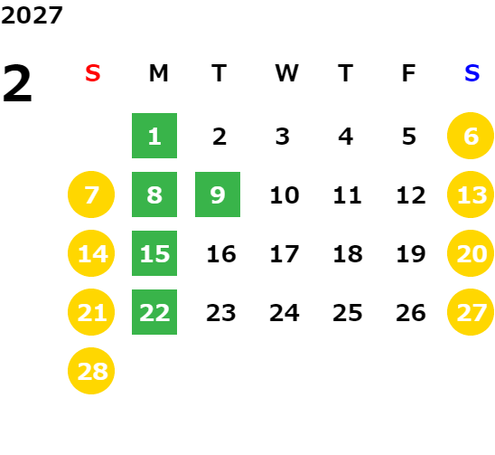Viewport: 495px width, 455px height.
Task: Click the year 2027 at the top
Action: pyautogui.click(x=32, y=15)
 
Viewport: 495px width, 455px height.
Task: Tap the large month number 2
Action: pyautogui.click(x=17, y=83)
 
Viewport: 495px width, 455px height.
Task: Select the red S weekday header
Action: pyautogui.click(x=93, y=73)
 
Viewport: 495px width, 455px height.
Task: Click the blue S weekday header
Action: pyautogui.click(x=472, y=73)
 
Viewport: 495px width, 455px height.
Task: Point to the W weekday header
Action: pyautogui.click(x=286, y=73)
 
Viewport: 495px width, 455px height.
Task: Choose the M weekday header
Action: pyautogui.click(x=158, y=73)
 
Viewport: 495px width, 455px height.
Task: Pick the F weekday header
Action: pyautogui.click(x=409, y=73)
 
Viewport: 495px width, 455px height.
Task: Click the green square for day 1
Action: pyautogui.click(x=154, y=136)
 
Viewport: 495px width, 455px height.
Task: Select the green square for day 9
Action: pyautogui.click(x=218, y=194)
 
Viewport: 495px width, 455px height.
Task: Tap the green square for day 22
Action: pyautogui.click(x=154, y=312)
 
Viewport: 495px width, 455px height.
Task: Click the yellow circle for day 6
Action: pyautogui.click(x=471, y=136)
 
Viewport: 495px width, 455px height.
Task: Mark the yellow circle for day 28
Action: pyautogui.click(x=91, y=371)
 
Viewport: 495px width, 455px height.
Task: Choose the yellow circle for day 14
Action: pyautogui.click(x=91, y=253)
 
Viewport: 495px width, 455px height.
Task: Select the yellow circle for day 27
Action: pyautogui.click(x=471, y=312)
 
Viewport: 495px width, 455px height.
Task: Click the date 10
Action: pyautogui.click(x=285, y=195)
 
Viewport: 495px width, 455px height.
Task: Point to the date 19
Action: pyautogui.click(x=411, y=254)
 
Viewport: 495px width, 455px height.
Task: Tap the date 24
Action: pyautogui.click(x=285, y=313)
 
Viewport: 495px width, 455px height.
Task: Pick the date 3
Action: pyautogui.click(x=283, y=137)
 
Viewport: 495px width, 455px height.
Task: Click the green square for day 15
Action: pyautogui.click(x=154, y=253)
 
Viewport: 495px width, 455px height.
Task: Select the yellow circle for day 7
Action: pyautogui.click(x=91, y=194)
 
